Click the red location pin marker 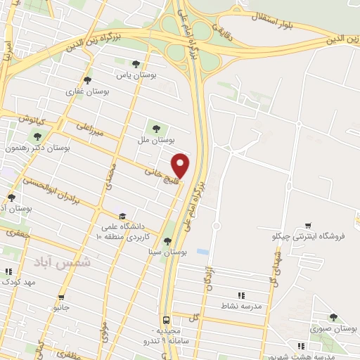pyautogui.click(x=181, y=165)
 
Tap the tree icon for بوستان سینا pyautogui.click(x=167, y=240)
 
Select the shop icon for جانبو pyautogui.click(x=61, y=297)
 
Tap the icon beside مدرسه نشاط pyautogui.click(x=241, y=295)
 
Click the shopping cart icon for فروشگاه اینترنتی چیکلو pyautogui.click(x=307, y=226)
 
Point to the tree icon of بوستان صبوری pyautogui.click(x=333, y=317)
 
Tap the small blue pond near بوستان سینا pyautogui.click(x=202, y=251)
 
